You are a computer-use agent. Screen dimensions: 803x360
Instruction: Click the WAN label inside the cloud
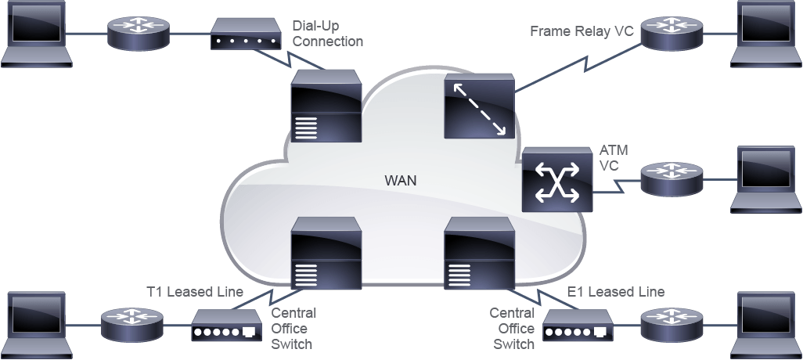[x=401, y=181]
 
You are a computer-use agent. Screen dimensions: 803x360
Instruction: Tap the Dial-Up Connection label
[x=328, y=34]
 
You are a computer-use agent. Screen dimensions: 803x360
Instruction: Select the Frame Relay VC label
[x=582, y=31]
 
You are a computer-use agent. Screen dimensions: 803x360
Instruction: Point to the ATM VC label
[x=613, y=158]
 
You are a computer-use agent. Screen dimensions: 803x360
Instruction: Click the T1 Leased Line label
[x=195, y=292]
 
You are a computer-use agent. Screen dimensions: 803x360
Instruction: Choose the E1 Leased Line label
[x=616, y=292]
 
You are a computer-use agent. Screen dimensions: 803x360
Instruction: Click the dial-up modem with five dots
[x=246, y=34]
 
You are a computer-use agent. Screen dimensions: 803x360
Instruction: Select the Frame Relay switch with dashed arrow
[x=479, y=106]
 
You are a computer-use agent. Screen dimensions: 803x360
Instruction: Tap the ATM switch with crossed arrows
[x=557, y=180]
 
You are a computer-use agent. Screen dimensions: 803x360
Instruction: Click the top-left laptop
[x=36, y=34]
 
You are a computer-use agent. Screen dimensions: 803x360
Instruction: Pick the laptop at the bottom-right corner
[x=766, y=326]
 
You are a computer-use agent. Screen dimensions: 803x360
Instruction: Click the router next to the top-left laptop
[x=139, y=34]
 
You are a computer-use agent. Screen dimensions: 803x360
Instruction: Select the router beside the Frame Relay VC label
[x=672, y=34]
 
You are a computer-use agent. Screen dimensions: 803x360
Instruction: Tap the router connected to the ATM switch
[x=672, y=179]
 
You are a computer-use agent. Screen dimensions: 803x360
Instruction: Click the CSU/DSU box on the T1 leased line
[x=226, y=326]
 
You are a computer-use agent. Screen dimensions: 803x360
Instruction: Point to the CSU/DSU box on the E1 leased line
[x=578, y=326]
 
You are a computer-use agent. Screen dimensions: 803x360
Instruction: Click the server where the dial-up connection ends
[x=326, y=106]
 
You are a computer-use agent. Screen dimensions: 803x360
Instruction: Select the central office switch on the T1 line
[x=326, y=253]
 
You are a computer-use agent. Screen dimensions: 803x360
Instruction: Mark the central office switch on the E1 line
[x=479, y=253]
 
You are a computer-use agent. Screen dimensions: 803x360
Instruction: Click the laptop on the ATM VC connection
[x=766, y=180]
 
